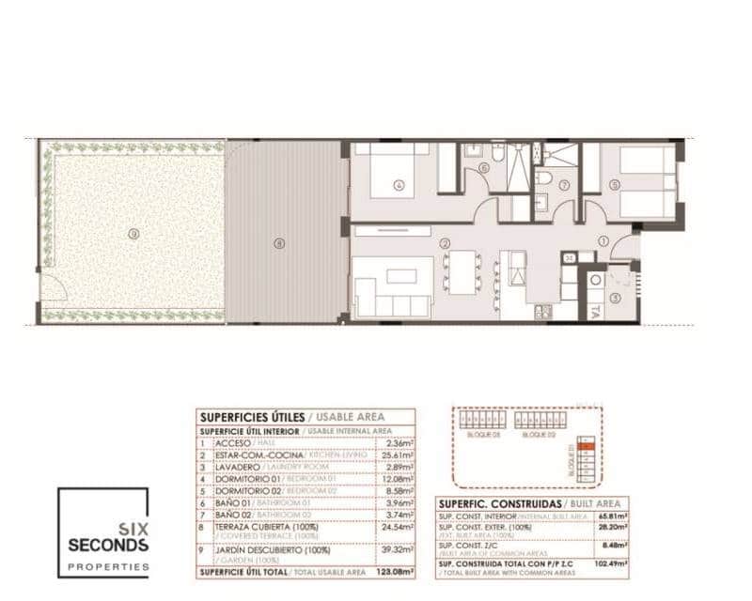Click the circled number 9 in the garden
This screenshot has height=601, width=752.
[x=133, y=234]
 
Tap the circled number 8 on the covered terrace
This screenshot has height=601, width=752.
[x=278, y=243]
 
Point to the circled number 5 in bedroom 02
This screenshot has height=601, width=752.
[x=615, y=185]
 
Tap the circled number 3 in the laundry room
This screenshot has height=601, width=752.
[x=616, y=298]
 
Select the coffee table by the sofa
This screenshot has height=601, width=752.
[x=401, y=276]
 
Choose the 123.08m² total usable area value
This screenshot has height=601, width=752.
[x=396, y=571]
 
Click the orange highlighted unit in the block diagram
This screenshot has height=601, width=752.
[x=587, y=448]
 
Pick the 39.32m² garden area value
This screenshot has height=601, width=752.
[x=398, y=550]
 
